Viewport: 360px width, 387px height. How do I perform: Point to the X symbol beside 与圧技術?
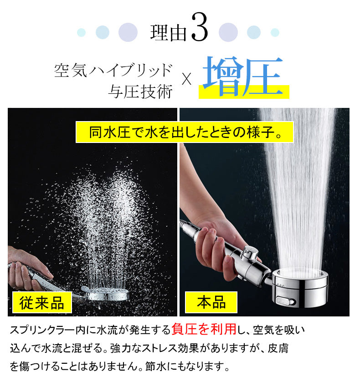coord(186,80)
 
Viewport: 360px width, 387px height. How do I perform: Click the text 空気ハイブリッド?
coord(113,71)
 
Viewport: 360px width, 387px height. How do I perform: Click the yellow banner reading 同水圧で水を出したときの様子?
coord(184,132)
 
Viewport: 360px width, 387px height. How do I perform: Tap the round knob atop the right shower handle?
coord(248,251)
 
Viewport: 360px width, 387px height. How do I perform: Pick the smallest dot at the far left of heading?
coord(82,32)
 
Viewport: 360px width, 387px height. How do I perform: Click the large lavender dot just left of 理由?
coord(128,32)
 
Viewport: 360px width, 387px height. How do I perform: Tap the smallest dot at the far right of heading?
coord(275,32)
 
